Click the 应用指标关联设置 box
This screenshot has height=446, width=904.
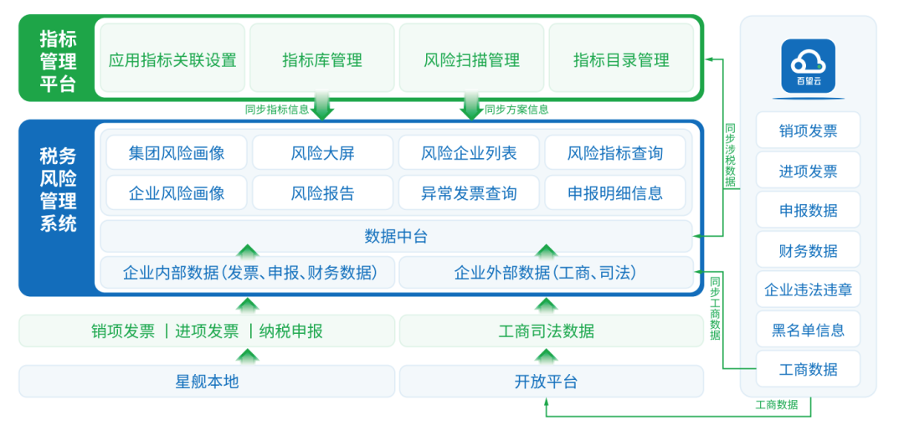coord(172,59)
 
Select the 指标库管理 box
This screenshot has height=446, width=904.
coord(322,59)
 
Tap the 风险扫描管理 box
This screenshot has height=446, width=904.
coord(471,59)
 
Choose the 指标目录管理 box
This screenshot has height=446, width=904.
coord(621,59)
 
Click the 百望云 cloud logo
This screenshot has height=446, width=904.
coord(808,65)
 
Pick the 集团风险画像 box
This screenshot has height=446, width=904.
coord(177,153)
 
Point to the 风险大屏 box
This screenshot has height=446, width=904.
coord(322,153)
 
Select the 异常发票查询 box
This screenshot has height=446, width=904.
coord(469,193)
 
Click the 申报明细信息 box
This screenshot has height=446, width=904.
coord(615,193)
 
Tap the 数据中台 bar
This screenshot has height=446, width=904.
coord(396,236)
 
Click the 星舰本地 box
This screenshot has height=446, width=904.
coord(207,382)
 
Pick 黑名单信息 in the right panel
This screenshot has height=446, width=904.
coord(808,330)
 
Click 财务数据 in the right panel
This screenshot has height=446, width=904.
coord(808,250)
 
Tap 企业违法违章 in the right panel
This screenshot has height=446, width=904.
coord(808,290)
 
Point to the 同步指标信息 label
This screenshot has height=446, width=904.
coord(276,109)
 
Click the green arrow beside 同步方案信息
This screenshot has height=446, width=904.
coord(471,109)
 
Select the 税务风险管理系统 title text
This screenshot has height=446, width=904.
coord(58,189)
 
